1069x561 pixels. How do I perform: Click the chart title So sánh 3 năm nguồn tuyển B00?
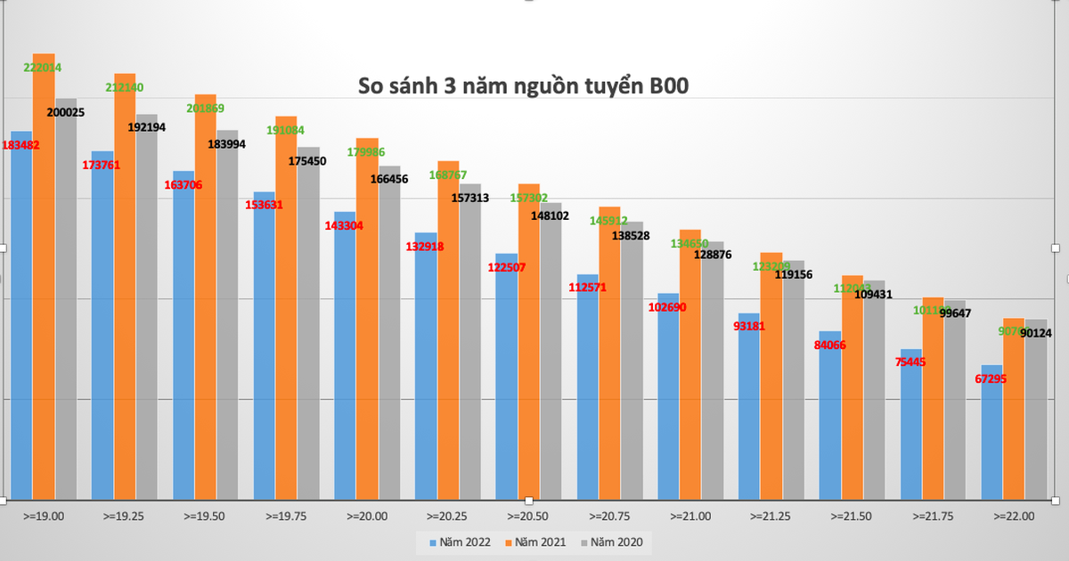[524, 86]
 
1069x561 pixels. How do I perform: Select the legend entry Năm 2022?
[458, 542]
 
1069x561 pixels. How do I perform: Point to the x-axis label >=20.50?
[528, 516]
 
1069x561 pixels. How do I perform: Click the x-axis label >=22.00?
[1014, 516]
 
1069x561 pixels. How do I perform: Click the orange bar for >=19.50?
[205, 294]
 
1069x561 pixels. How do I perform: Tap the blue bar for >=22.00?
[991, 431]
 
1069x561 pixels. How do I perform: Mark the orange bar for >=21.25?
[771, 374]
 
